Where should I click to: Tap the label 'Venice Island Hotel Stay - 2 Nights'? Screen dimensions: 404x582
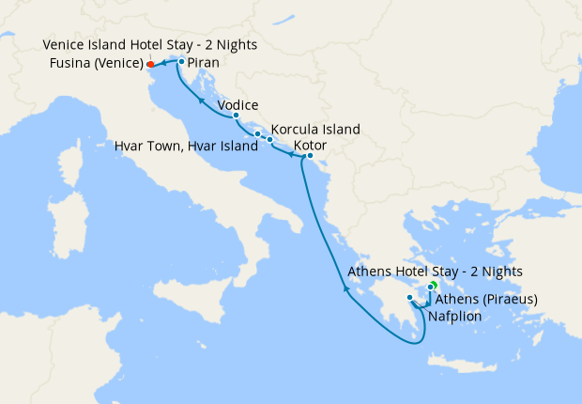(x=150, y=45)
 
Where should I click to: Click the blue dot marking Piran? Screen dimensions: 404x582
(x=181, y=62)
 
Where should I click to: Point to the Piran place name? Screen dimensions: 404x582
(x=204, y=63)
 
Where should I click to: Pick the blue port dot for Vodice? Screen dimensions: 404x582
(x=236, y=116)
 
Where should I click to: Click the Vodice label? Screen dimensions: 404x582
(x=237, y=105)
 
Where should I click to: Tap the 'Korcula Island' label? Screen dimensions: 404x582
(x=315, y=129)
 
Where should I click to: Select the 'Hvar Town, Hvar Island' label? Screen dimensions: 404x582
(x=186, y=147)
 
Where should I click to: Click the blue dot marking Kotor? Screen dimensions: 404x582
(x=310, y=156)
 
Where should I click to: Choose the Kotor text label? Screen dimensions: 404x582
(x=311, y=145)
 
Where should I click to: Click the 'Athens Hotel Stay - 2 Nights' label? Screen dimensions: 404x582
(x=435, y=272)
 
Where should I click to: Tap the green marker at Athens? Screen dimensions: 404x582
(x=435, y=284)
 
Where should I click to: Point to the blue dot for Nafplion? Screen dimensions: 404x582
(x=410, y=298)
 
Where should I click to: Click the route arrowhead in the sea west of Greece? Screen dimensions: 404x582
(x=346, y=289)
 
